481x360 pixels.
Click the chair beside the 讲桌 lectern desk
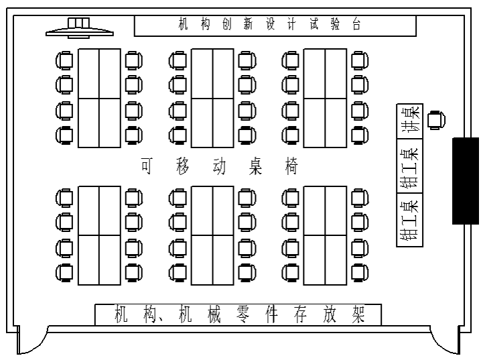[437, 120]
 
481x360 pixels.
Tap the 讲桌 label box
[410, 121]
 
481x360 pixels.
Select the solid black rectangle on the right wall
[466, 181]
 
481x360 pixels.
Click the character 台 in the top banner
[356, 24]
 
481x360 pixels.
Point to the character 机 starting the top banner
[183, 24]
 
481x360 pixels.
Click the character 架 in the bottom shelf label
[358, 314]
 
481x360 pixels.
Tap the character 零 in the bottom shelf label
[243, 314]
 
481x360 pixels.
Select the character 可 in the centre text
[147, 166]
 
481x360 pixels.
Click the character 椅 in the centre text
[291, 166]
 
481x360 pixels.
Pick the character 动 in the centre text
[219, 166]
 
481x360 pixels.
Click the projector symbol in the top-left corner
[80, 28]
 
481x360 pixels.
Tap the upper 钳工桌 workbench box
[410, 166]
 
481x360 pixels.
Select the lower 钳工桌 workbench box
[410, 220]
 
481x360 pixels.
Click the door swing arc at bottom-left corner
[33, 340]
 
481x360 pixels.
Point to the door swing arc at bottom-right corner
[445, 340]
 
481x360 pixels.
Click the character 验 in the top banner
[335, 24]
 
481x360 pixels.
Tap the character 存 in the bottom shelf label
[300, 314]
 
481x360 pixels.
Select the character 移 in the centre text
[183, 166]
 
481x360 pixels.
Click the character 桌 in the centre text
[255, 166]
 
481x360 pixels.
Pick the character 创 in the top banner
[226, 24]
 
